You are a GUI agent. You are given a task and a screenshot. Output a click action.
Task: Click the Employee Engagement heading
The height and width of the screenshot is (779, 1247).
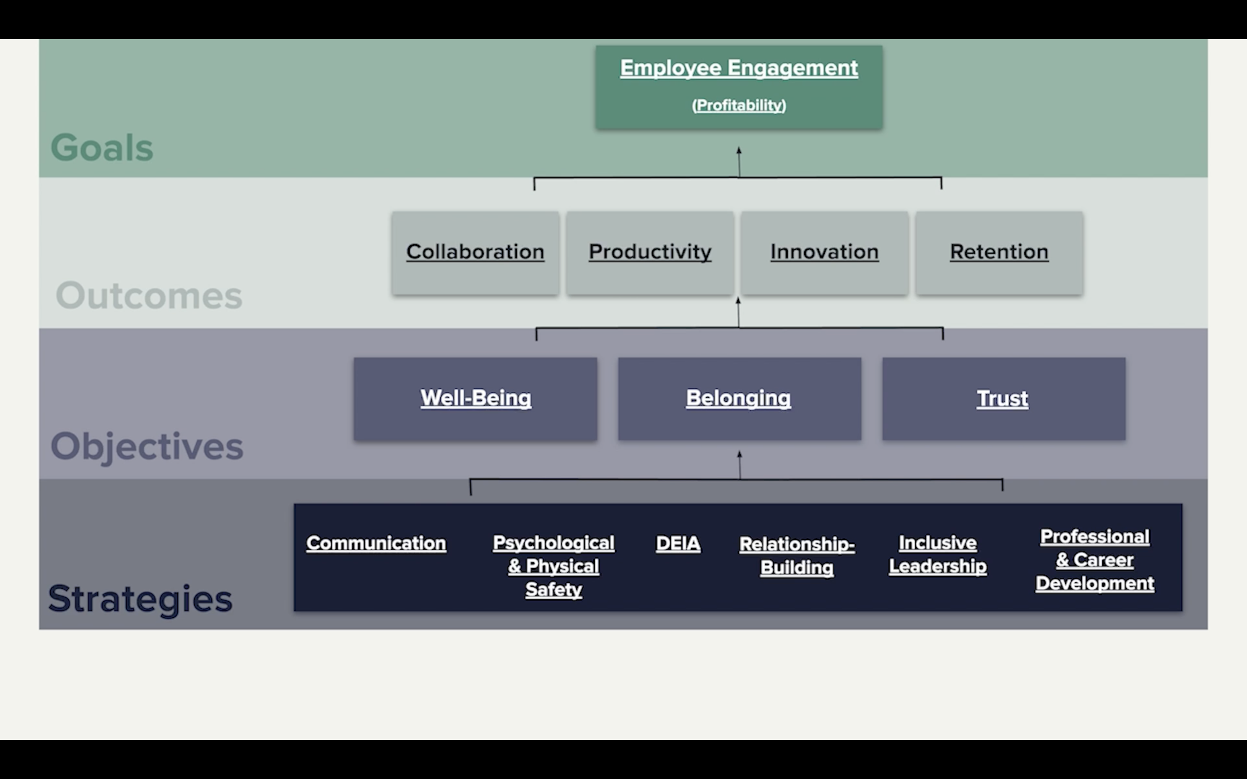click(x=739, y=68)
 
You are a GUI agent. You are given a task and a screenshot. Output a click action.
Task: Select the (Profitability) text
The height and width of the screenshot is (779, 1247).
click(x=739, y=105)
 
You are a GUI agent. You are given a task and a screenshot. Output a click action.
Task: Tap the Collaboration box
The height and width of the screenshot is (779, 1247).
click(x=475, y=253)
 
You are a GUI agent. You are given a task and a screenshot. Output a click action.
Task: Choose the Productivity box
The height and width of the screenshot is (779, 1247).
click(x=650, y=253)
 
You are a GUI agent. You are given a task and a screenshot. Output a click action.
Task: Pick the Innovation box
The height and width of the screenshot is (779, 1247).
click(x=825, y=253)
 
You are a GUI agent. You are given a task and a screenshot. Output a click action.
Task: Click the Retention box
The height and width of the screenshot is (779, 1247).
click(x=999, y=253)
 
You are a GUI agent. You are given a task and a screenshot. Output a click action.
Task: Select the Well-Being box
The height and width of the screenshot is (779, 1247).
click(x=475, y=398)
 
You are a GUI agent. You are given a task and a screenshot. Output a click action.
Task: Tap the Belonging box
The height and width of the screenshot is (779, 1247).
click(x=739, y=398)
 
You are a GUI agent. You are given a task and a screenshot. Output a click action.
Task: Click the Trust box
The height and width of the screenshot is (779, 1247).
click(x=1003, y=398)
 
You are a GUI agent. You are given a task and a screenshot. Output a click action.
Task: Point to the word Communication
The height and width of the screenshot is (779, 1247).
click(x=376, y=543)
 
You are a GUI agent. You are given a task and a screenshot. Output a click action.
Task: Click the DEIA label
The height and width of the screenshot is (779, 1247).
click(x=678, y=543)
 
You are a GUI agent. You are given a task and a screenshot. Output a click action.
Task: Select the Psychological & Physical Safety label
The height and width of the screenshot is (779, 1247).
click(x=553, y=566)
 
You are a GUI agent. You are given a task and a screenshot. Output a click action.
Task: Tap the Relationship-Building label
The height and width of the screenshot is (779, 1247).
click(x=796, y=556)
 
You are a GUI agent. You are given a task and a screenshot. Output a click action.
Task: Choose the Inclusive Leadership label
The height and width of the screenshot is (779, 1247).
click(x=938, y=555)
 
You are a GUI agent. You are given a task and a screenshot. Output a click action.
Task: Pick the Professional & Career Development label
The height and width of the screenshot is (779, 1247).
click(x=1095, y=560)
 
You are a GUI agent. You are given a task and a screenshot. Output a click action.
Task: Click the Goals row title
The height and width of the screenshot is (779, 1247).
click(x=102, y=148)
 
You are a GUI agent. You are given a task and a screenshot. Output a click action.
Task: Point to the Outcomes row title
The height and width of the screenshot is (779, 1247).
click(x=149, y=296)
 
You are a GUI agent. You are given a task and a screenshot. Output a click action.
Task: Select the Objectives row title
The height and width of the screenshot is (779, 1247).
click(x=147, y=446)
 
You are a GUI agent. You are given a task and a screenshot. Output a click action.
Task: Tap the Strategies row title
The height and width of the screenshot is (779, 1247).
click(x=140, y=599)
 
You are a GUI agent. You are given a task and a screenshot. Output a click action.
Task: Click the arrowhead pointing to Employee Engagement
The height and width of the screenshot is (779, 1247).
click(x=739, y=151)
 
